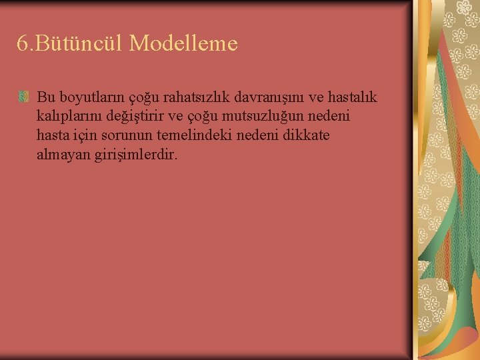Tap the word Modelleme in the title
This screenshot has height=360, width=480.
[183, 43]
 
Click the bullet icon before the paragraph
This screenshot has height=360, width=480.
[24, 98]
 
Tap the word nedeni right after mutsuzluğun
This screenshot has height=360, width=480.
[331, 117]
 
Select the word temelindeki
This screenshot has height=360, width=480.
[193, 136]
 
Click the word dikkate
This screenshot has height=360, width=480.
[305, 136]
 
